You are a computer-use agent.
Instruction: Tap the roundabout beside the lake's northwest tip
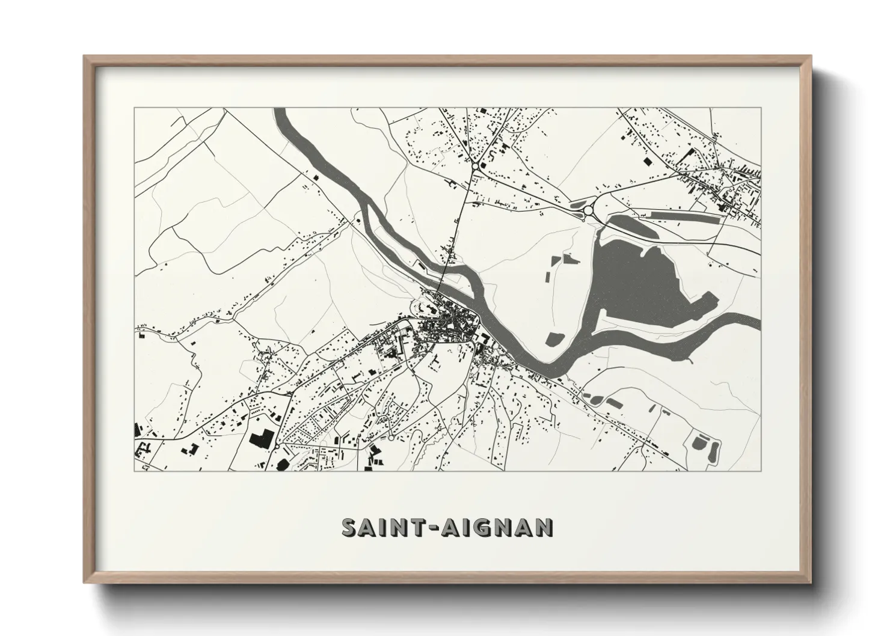[588, 210]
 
